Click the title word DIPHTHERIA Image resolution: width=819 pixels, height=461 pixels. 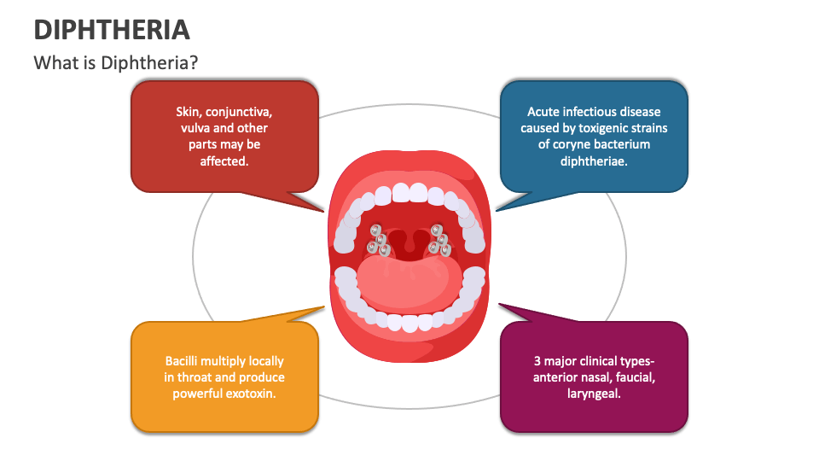point(111,30)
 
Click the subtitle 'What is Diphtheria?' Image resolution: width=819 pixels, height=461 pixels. point(116,63)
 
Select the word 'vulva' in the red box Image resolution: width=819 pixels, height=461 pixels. point(196,128)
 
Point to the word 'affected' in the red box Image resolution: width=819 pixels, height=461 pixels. point(224,160)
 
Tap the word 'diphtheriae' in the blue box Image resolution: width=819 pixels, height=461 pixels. point(594,160)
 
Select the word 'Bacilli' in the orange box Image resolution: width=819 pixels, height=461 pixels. point(183,361)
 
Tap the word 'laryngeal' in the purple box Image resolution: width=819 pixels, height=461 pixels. point(594,394)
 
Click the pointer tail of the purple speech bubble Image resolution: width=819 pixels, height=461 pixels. point(512,312)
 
